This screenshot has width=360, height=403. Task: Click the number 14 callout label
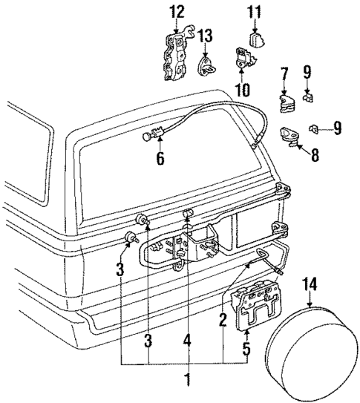310,283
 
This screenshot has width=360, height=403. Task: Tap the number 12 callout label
176,12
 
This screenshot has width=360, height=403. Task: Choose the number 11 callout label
255,12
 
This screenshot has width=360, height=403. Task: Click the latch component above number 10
243,58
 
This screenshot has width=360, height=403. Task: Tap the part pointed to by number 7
287,102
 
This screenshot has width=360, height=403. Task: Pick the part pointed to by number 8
288,134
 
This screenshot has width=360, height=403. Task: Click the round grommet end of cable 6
148,136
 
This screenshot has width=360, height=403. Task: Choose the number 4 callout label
188,341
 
